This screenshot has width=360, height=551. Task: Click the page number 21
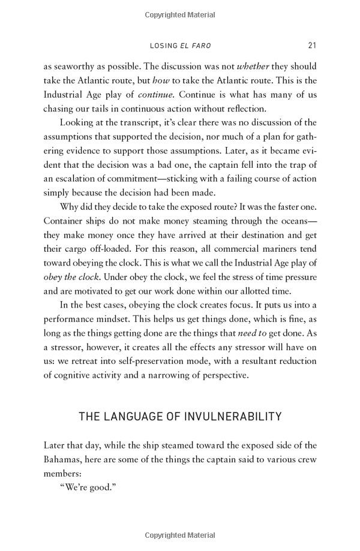[x=312, y=46]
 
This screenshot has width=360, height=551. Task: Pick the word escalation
[x=79, y=179]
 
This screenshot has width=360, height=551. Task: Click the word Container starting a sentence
[x=64, y=221]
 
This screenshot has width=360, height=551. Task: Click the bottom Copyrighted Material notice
[x=179, y=535]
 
